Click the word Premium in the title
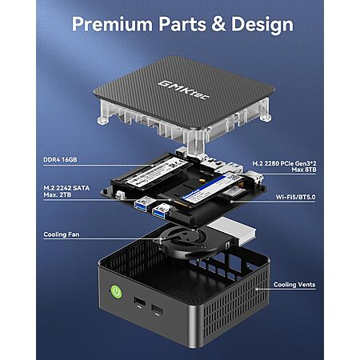(x=112, y=24)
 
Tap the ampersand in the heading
(x=218, y=24)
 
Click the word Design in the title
(x=262, y=25)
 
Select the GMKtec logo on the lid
(x=184, y=90)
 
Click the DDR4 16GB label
(x=60, y=159)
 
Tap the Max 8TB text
(x=304, y=170)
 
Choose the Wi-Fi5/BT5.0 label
(x=295, y=197)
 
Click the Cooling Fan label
(x=62, y=234)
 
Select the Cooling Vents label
(x=294, y=285)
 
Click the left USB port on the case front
(x=139, y=302)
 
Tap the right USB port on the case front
(x=158, y=310)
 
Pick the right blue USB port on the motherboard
(x=161, y=211)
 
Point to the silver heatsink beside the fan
(x=231, y=230)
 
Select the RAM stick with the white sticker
(x=156, y=172)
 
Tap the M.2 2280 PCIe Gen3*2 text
(x=284, y=163)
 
